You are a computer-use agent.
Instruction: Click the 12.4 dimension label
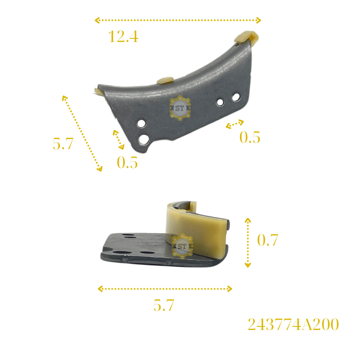123,36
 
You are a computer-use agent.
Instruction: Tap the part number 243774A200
293,324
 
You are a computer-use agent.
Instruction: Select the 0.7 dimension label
268,240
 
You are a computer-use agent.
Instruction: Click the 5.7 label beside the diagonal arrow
63,144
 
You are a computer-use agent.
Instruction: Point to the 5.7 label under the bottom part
164,305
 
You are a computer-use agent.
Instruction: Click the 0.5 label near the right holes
250,137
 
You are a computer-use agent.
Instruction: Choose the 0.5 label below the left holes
127,162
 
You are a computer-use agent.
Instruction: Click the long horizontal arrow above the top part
178,20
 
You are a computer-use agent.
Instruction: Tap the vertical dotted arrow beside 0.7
248,243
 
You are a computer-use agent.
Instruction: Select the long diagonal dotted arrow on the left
82,133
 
